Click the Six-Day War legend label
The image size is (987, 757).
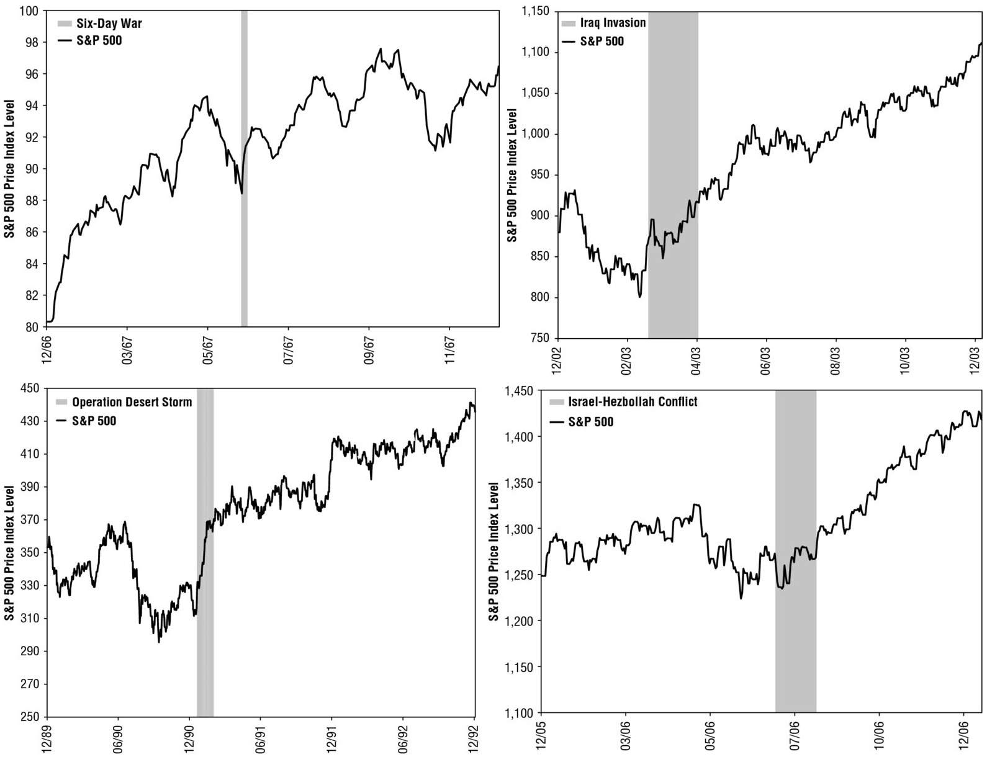pos(109,23)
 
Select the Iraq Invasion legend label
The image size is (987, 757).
pos(613,23)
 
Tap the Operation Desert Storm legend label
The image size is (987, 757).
pos(132,402)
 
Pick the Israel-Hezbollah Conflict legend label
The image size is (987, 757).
pos(633,401)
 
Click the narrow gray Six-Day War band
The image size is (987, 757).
pos(245,168)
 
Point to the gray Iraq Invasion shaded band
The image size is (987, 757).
pos(673,175)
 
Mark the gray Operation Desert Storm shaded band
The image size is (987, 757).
pos(205,552)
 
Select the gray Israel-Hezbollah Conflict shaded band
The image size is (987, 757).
pos(796,552)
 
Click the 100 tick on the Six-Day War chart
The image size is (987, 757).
pos(29,11)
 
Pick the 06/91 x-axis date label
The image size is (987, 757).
pos(261,738)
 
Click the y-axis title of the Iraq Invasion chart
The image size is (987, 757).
pos(512,175)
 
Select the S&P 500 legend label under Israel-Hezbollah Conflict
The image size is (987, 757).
pos(590,422)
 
